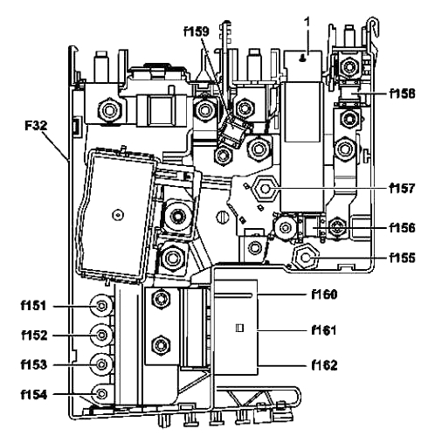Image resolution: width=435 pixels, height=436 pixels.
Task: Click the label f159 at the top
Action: point(197,31)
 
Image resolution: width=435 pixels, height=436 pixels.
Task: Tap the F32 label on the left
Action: point(36,126)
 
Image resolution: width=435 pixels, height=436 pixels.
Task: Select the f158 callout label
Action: point(402,93)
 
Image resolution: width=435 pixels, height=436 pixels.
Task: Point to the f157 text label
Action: point(402,188)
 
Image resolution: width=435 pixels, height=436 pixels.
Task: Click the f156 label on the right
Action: point(402,228)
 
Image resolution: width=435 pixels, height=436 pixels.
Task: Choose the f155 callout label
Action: point(402,258)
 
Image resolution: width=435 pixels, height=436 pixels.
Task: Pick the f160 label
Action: point(324,294)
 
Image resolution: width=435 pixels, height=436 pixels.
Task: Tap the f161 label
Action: point(324,330)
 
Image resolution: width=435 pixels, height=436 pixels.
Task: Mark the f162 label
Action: point(324,365)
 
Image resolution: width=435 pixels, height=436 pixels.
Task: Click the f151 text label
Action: point(33,306)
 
